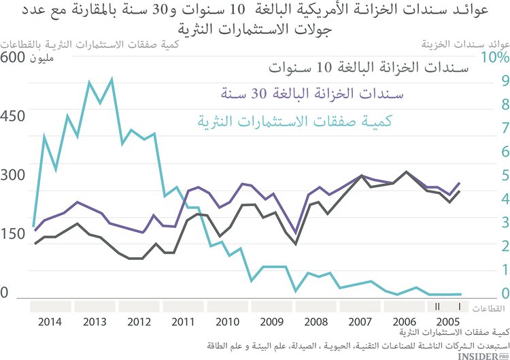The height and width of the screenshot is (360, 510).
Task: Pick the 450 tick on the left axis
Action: (x=13, y=116)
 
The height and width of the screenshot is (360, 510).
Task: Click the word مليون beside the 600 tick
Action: (x=41, y=59)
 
